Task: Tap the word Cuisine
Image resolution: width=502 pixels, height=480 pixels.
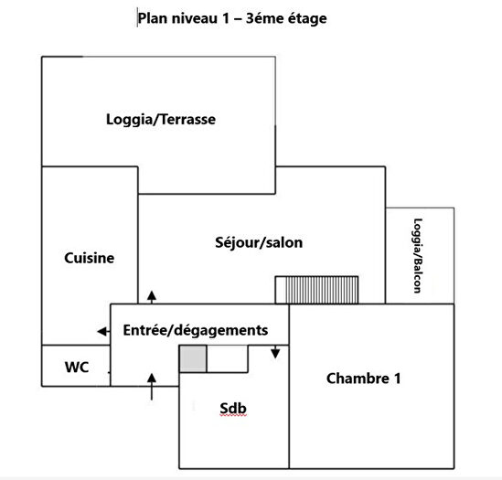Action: (90, 258)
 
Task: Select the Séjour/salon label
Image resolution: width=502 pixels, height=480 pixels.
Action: (259, 243)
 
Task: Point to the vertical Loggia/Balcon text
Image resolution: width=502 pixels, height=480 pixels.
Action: (418, 255)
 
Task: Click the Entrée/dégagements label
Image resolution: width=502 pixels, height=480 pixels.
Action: (195, 330)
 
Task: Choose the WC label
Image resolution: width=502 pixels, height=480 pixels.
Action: (77, 368)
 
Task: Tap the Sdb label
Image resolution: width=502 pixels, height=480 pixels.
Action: (234, 409)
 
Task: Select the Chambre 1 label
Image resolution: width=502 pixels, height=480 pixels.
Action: (363, 378)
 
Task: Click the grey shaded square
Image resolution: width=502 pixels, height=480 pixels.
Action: (192, 359)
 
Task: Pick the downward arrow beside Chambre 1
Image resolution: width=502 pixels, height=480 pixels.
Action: (275, 353)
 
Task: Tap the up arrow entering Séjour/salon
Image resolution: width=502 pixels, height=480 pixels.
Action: (151, 294)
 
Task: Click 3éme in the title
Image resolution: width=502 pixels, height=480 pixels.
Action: (257, 17)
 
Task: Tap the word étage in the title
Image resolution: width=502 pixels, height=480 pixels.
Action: (304, 17)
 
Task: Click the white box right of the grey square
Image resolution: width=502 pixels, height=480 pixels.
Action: (227, 359)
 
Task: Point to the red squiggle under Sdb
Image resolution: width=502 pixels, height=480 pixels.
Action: (234, 417)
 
